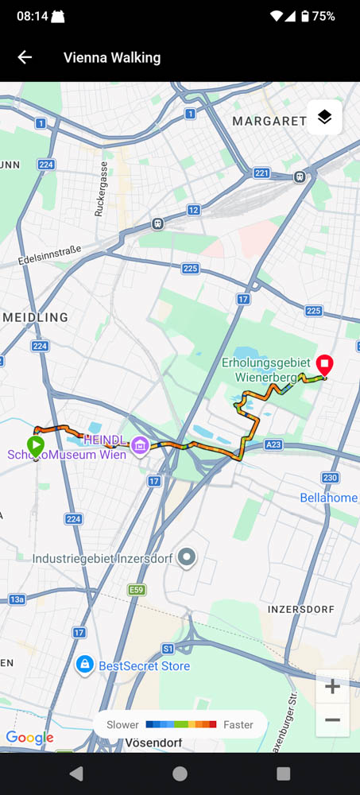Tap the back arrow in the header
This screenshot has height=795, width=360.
[x=25, y=57]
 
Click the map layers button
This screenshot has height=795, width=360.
[x=324, y=118]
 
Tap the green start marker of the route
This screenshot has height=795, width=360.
[x=36, y=444]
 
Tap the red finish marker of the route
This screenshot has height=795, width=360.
[x=324, y=365]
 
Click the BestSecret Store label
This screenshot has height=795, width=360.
[x=144, y=665]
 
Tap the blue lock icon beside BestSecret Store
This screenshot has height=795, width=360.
[x=84, y=665]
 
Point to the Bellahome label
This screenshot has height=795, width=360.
[x=329, y=498]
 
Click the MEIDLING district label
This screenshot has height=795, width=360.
[x=35, y=317]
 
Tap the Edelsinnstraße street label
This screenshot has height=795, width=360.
[x=49, y=255]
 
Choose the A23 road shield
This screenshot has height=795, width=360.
[x=274, y=445]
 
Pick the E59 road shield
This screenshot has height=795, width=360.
[x=138, y=590]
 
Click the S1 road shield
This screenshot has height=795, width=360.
[x=168, y=649]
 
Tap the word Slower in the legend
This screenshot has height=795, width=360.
[x=122, y=724]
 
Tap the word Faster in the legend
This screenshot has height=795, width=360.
[x=238, y=724]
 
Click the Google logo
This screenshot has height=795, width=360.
[x=29, y=737]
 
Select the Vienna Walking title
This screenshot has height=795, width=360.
[x=112, y=57]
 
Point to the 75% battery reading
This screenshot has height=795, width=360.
[x=323, y=16]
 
